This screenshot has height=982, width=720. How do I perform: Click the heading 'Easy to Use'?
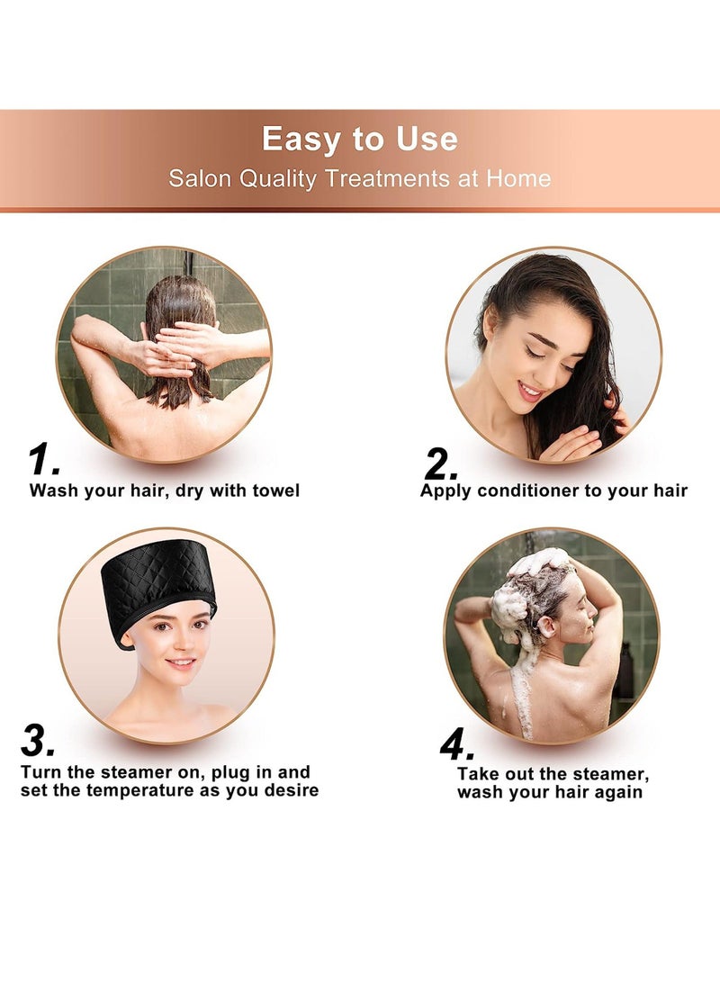pyautogui.click(x=360, y=140)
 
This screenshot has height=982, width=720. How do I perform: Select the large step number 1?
pyautogui.click(x=42, y=460)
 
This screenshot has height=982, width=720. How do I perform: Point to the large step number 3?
pyautogui.click(x=38, y=741)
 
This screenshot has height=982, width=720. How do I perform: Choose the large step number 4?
pyautogui.click(x=457, y=743)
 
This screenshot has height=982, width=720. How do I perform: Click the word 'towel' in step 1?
pyautogui.click(x=272, y=491)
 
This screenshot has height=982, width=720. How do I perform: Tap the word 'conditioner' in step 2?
pyautogui.click(x=532, y=491)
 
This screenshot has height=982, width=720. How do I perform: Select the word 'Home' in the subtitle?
pyautogui.click(x=518, y=178)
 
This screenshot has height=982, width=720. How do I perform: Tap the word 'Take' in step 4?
pyautogui.click(x=478, y=773)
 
